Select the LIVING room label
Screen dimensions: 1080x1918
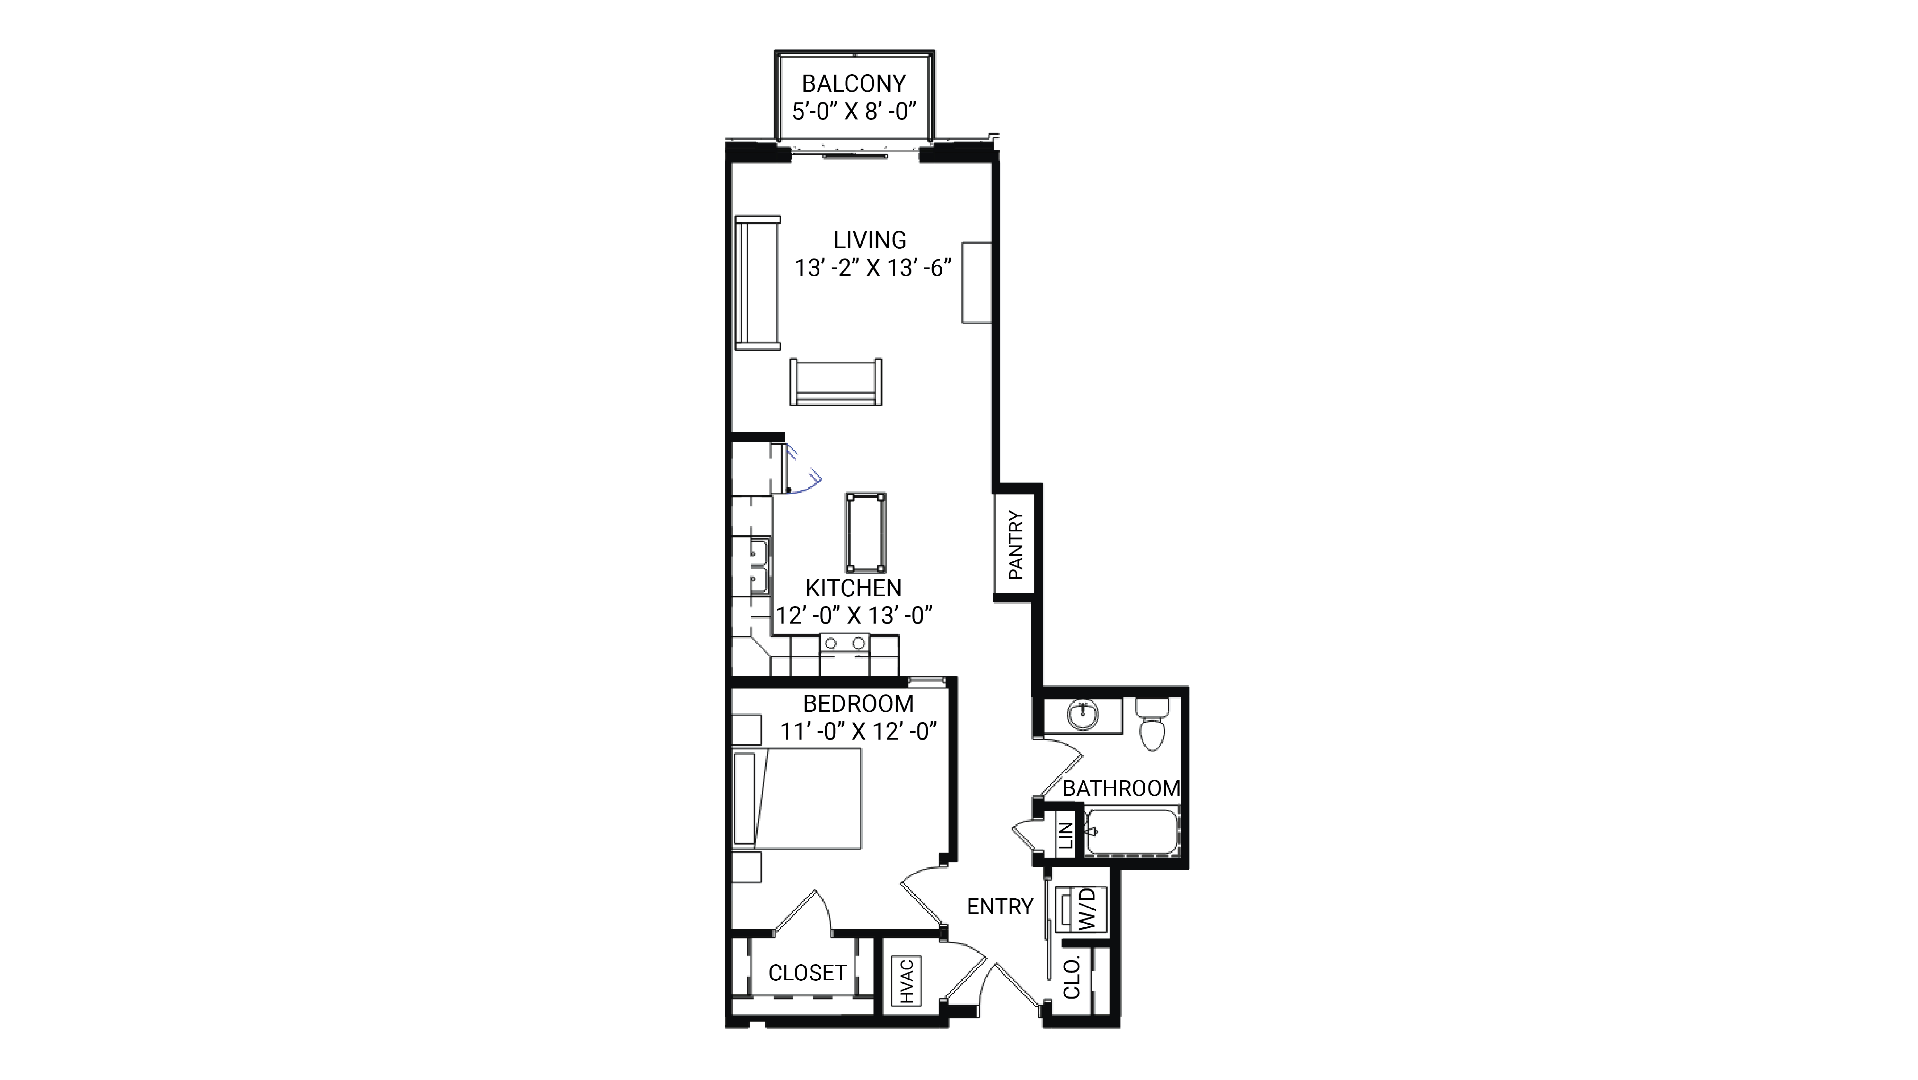tap(870, 240)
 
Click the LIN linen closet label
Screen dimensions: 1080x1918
tap(1065, 836)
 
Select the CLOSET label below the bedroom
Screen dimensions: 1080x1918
tap(807, 973)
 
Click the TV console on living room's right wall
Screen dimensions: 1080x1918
tap(976, 283)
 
